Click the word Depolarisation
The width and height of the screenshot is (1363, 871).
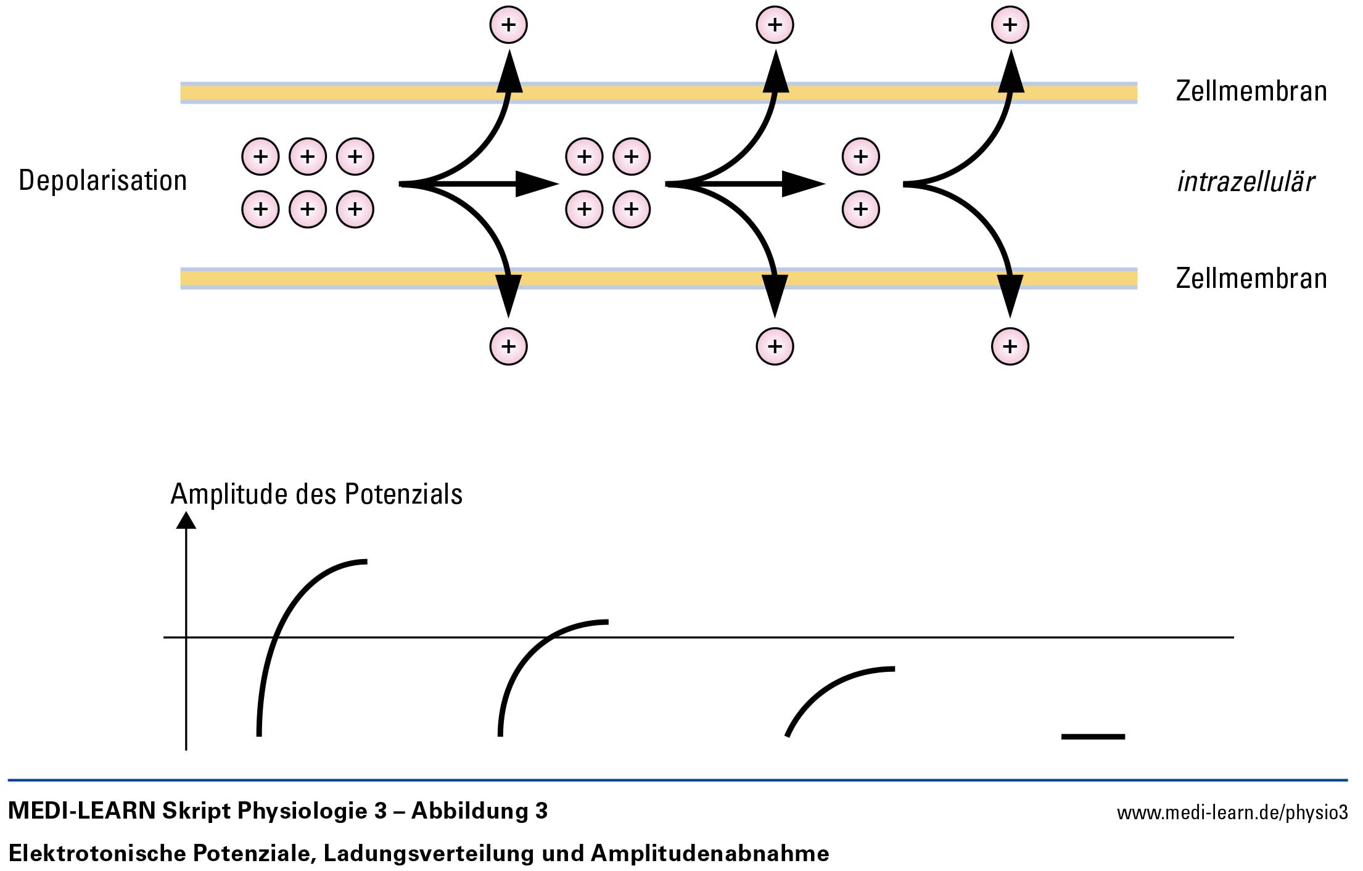click(x=102, y=181)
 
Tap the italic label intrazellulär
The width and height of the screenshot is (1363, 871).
click(x=1245, y=182)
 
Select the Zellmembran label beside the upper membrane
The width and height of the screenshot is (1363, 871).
click(x=1251, y=91)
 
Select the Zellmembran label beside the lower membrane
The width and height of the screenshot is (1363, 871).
click(x=1251, y=279)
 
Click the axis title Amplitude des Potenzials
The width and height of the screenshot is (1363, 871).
click(x=316, y=494)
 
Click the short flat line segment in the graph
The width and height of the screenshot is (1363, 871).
click(x=1093, y=737)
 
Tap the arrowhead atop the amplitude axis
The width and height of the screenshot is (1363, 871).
click(x=186, y=521)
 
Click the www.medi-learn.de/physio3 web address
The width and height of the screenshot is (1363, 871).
click(x=1232, y=812)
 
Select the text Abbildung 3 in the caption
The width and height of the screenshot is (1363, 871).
click(x=479, y=811)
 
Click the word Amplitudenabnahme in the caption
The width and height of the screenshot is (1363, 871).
click(x=710, y=854)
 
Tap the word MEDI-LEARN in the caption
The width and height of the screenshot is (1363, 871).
click(x=81, y=811)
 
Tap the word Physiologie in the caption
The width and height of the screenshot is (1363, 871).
click(x=302, y=811)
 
